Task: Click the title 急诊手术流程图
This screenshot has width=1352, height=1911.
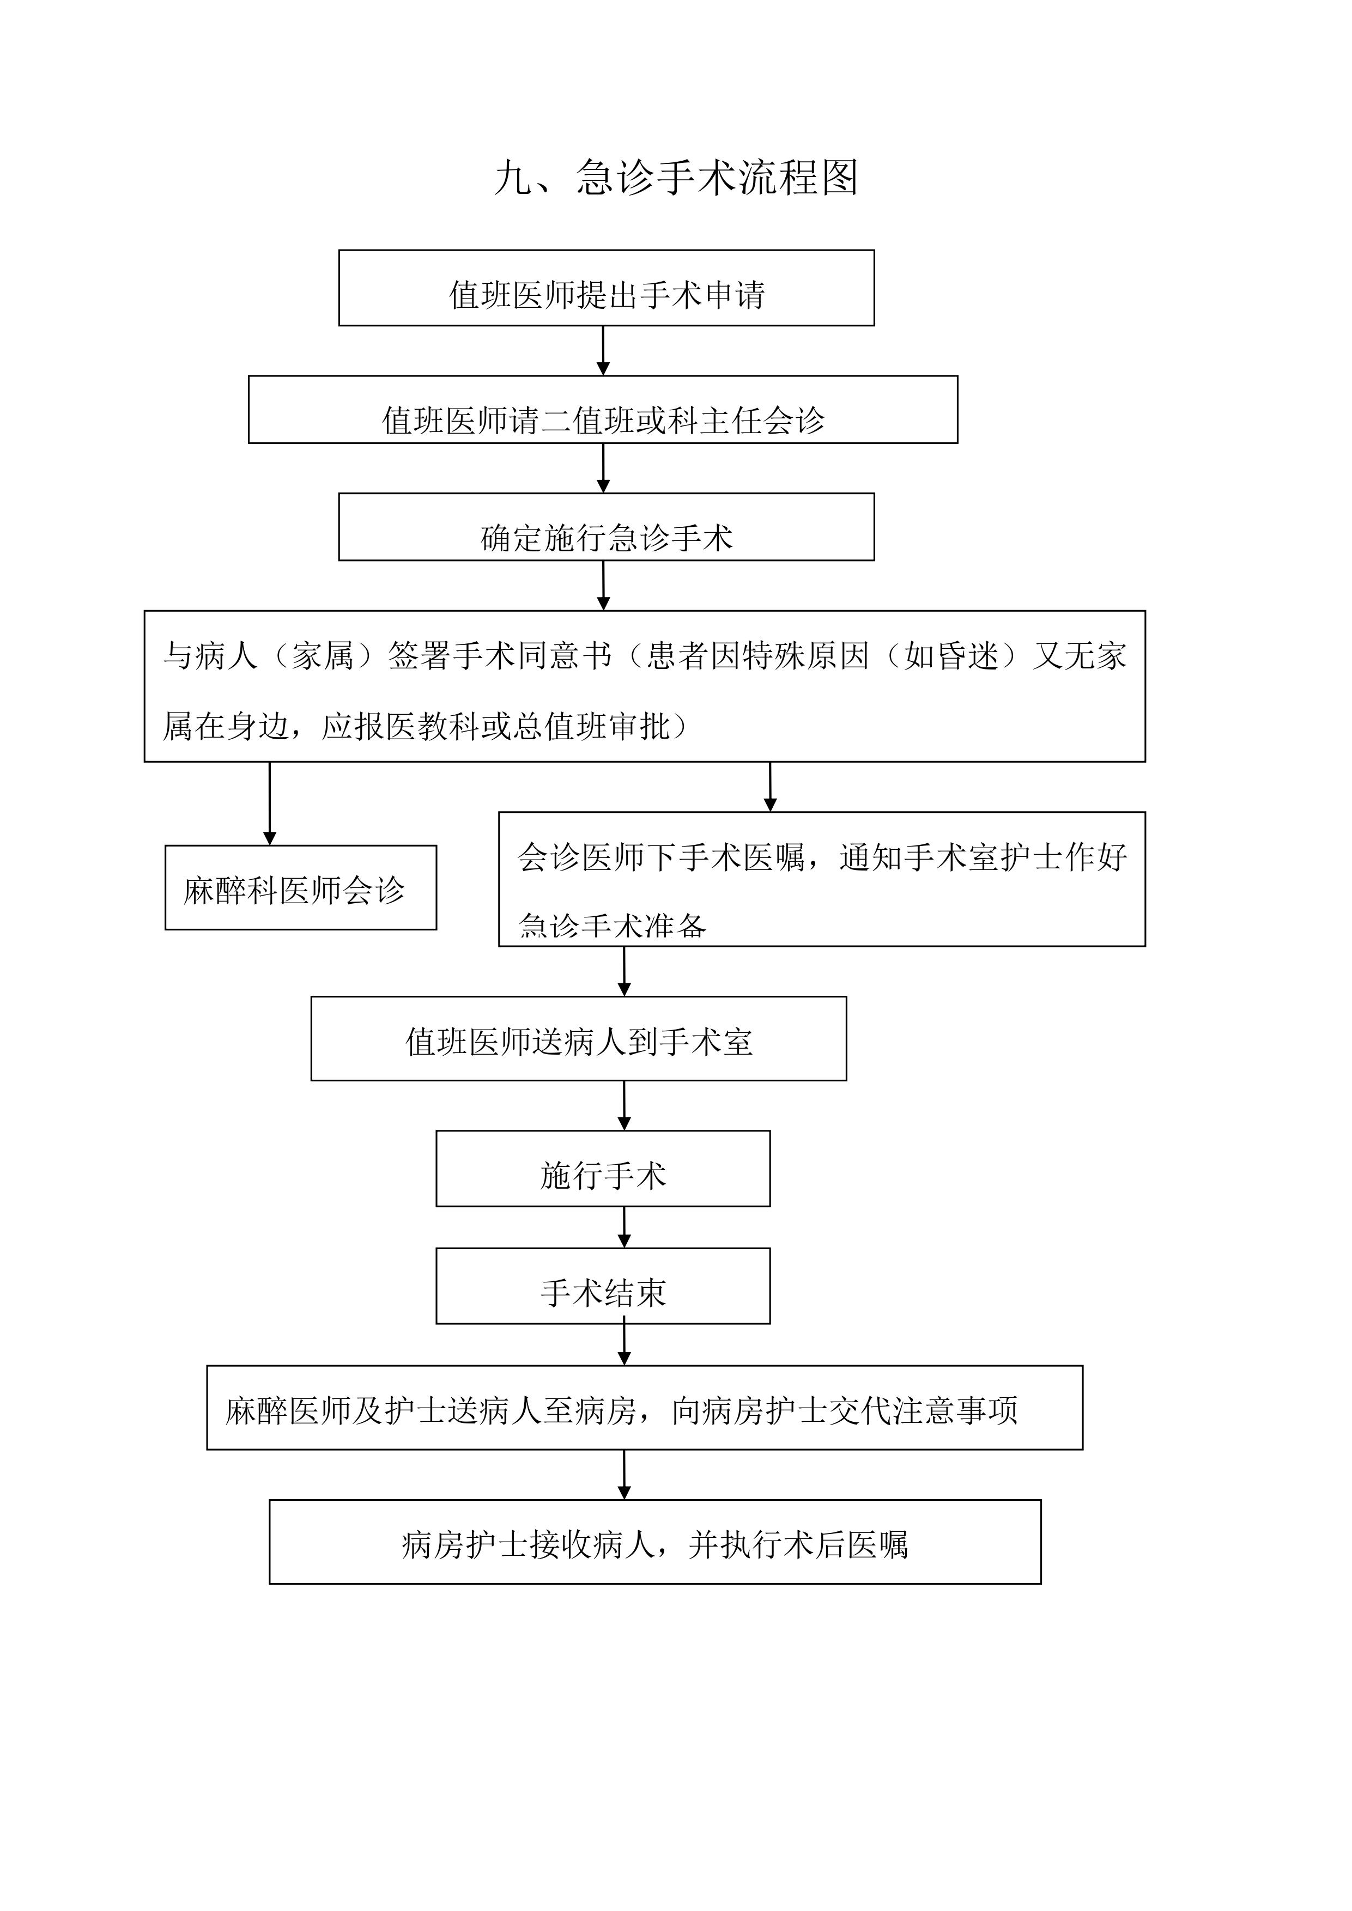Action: point(716,178)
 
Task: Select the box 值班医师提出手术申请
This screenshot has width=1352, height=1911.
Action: point(606,288)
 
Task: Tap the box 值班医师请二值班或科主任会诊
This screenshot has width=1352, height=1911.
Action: point(603,410)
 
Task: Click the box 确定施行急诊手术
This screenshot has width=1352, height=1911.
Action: point(606,527)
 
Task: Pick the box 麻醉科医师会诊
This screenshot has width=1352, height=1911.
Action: point(301,887)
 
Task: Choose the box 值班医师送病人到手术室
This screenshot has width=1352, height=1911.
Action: point(579,1039)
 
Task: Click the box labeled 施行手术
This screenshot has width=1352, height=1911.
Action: point(603,1168)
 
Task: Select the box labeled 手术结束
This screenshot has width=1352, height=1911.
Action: point(603,1286)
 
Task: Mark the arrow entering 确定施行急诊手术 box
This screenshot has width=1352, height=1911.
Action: point(604,468)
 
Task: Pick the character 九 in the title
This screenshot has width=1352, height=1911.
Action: point(514,178)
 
